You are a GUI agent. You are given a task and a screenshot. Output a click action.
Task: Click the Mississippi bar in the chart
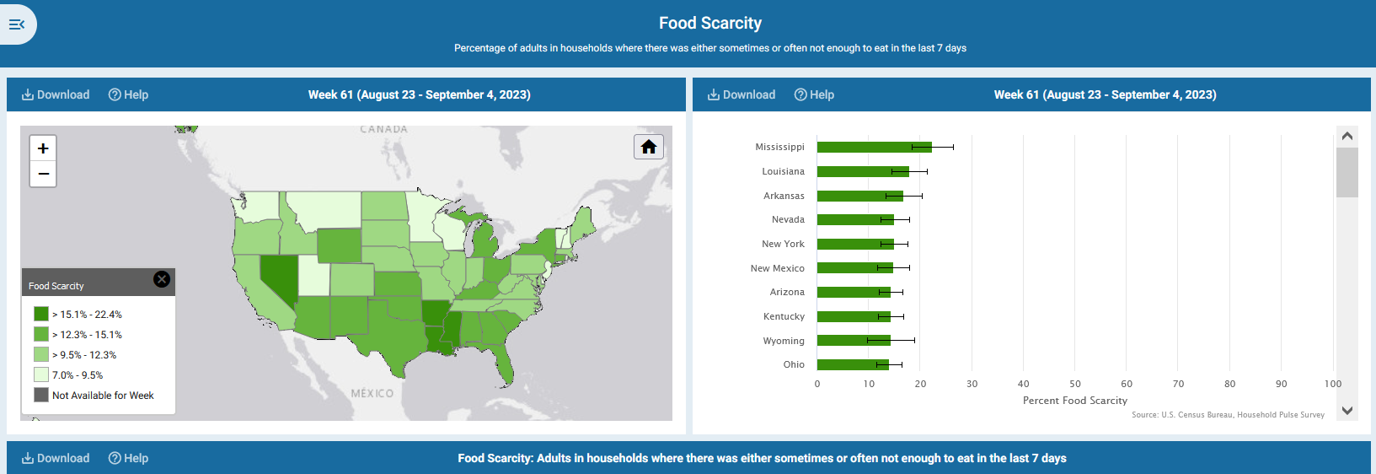pos(874,148)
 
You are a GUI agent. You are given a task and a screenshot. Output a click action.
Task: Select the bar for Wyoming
pos(853,341)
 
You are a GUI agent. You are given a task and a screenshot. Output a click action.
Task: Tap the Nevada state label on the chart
pos(788,220)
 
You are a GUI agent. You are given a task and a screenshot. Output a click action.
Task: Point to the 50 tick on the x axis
pos(1075,384)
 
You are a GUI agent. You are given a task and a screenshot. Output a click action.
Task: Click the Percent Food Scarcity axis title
pos(1074,401)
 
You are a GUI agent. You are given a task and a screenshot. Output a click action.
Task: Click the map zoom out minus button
pos(43,174)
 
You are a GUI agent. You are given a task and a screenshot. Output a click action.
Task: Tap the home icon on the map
pos(648,148)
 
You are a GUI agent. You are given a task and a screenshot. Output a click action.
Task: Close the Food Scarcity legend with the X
pos(162,279)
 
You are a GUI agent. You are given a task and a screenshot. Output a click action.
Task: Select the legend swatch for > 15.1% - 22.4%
pos(41,314)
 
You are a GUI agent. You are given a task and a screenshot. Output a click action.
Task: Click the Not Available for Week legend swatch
pos(41,395)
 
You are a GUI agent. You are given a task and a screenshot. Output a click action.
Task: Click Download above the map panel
pos(56,94)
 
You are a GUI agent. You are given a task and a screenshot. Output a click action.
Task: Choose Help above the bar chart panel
pos(814,94)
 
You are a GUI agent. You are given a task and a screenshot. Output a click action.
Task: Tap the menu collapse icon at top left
pos(17,24)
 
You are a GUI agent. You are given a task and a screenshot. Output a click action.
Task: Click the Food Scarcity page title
pos(709,24)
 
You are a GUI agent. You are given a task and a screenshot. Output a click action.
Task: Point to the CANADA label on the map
pos(383,129)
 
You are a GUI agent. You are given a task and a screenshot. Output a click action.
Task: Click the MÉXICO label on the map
pos(372,393)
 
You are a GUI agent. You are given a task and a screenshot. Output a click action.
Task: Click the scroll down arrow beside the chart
pos(1347,411)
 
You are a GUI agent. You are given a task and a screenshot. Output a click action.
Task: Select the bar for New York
pos(854,245)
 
